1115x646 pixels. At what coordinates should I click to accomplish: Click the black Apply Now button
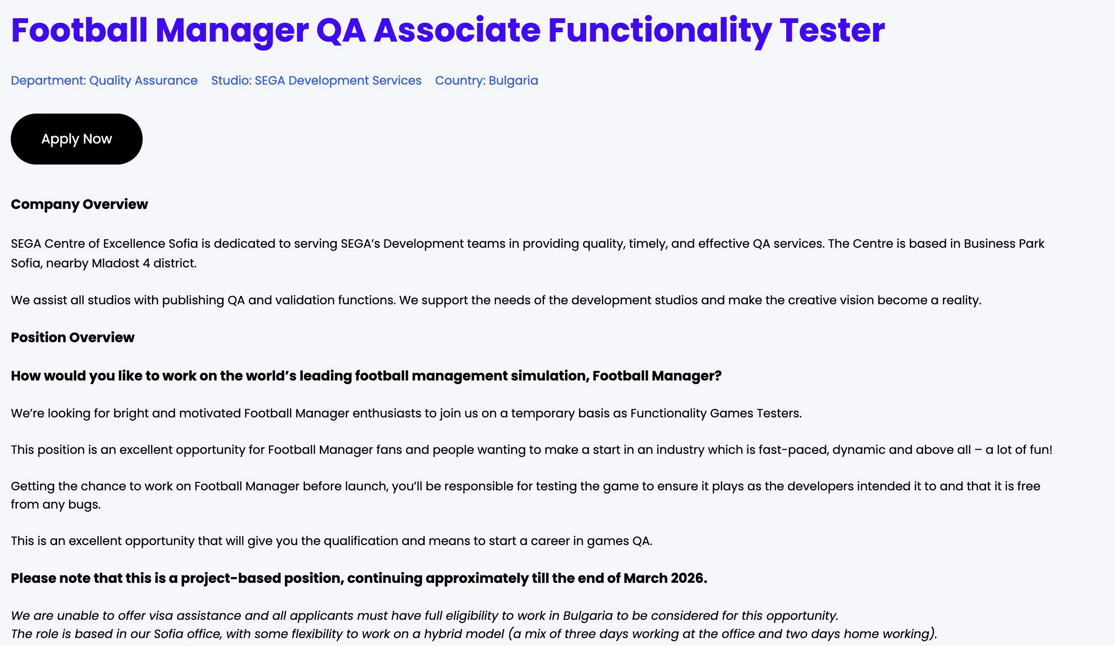77,139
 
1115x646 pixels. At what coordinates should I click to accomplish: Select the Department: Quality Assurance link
104,80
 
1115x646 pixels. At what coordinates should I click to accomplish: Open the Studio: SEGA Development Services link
316,80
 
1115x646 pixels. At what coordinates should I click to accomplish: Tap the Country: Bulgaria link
486,80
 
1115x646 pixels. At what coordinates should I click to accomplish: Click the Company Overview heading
80,204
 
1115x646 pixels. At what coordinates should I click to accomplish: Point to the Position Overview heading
72,337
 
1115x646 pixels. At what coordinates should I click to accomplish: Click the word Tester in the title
832,30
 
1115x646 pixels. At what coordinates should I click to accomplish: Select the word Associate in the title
457,30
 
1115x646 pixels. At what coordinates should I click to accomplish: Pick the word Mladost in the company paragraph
116,263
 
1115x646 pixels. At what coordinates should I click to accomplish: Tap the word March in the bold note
645,578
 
